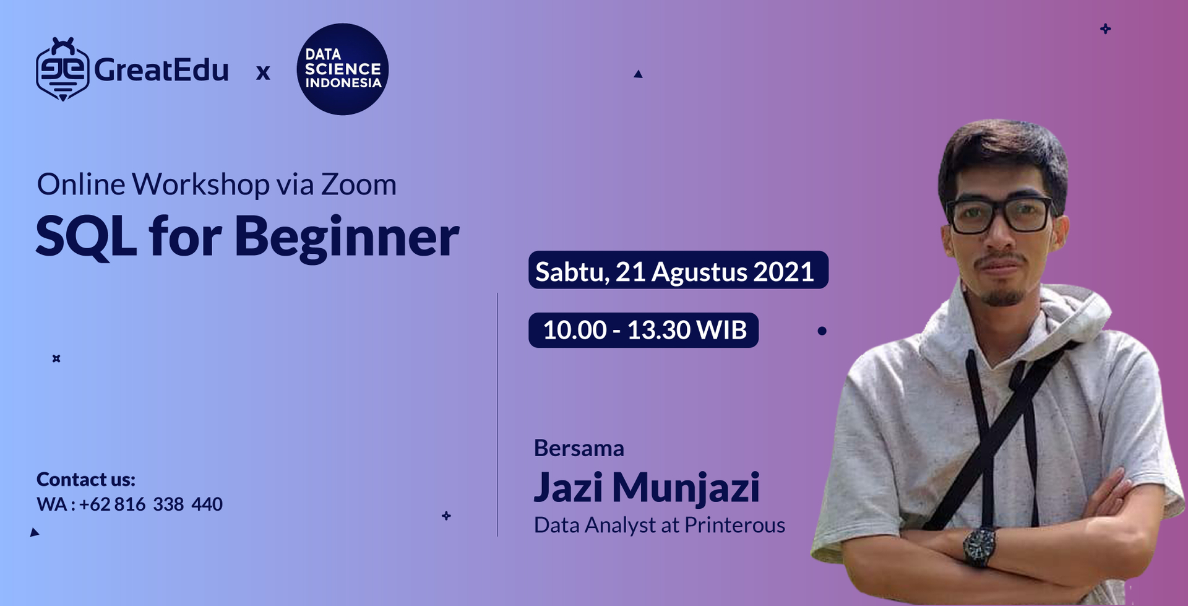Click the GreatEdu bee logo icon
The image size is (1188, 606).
(x=62, y=69)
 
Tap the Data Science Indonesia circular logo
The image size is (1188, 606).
(x=343, y=69)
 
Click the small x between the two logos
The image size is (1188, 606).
(x=263, y=73)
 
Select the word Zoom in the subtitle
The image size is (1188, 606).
(x=358, y=184)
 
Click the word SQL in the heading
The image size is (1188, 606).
(x=85, y=237)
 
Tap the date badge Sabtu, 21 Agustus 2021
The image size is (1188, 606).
(x=678, y=271)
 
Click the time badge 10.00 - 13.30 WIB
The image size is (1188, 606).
(x=643, y=330)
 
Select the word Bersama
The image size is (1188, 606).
(x=579, y=448)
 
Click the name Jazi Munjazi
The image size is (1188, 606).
(x=647, y=487)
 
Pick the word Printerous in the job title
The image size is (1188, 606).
(x=734, y=526)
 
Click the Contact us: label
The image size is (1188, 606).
(x=85, y=480)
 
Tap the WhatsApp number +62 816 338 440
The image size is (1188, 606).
(x=150, y=504)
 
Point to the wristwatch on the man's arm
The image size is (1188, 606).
(x=979, y=546)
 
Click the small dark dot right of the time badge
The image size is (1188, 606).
(x=822, y=331)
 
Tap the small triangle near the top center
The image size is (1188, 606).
(x=638, y=74)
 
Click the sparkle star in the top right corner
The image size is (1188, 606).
(x=1106, y=28)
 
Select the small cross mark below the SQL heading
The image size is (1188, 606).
(x=56, y=358)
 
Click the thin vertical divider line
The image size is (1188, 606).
(x=497, y=415)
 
